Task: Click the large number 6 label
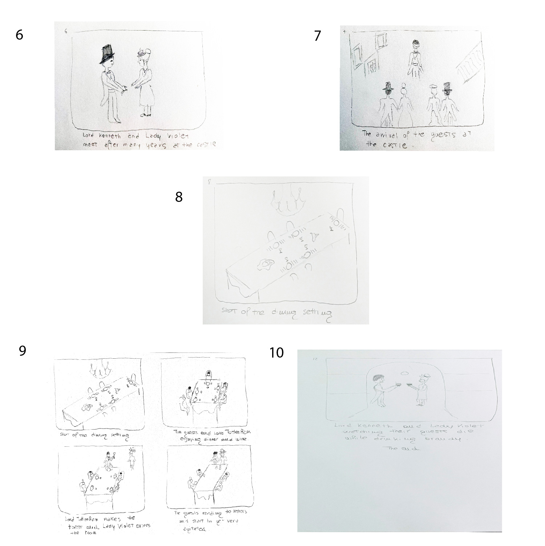19,35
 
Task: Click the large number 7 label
318,36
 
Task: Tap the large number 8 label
179,197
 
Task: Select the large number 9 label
23,351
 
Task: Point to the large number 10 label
276,352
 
